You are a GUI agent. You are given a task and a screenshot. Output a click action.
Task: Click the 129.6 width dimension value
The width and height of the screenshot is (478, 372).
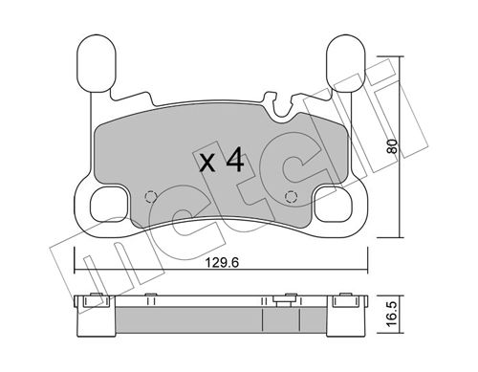[x=222, y=263]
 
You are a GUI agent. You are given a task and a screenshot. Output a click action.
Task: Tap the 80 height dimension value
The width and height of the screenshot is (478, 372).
[x=393, y=146]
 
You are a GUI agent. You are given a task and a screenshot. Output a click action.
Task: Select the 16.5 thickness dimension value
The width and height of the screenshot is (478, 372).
[x=393, y=314]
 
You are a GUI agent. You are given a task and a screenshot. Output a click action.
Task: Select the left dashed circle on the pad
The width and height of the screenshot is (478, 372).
[x=150, y=197]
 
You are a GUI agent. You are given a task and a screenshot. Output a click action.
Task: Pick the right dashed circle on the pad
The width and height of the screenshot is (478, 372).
[x=291, y=197]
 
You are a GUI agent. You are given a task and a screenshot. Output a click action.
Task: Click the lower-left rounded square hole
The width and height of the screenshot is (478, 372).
[x=109, y=205]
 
